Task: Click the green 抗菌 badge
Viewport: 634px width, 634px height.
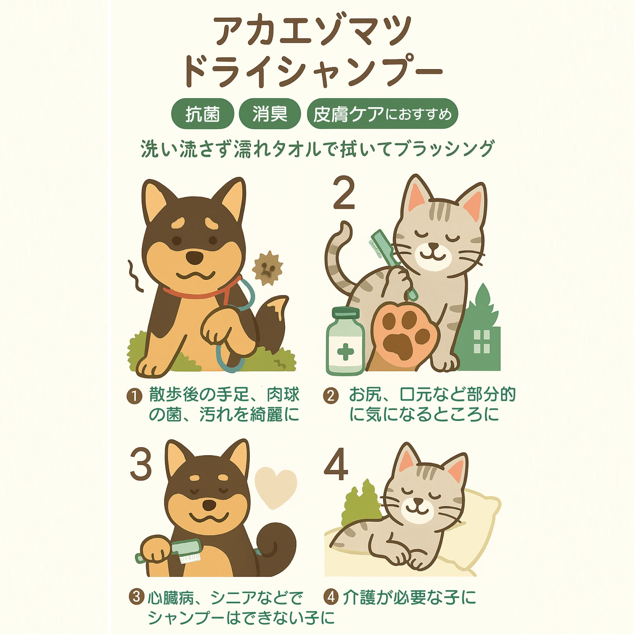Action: pos(203,113)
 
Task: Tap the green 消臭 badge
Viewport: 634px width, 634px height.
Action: pos(270,113)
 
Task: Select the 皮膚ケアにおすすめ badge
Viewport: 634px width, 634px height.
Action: pos(382,113)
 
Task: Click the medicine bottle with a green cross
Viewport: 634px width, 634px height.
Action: pos(345,341)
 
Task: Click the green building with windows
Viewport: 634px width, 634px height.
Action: pos(479,332)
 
